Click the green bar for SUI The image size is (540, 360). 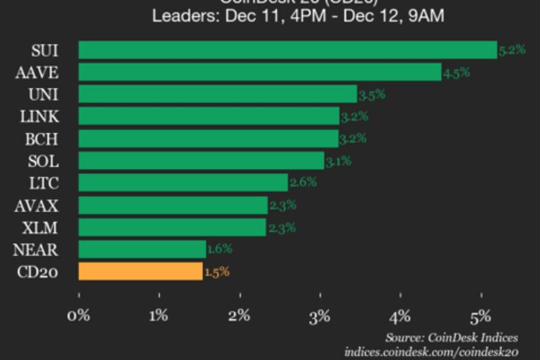[x=288, y=50]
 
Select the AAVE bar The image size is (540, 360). [x=260, y=72]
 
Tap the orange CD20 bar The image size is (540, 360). [x=140, y=272]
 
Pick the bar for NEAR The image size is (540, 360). [x=142, y=249]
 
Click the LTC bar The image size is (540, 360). [x=183, y=182]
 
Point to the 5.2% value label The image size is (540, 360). [x=512, y=50]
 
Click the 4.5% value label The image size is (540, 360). [x=456, y=72]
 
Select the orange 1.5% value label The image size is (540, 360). [x=217, y=272]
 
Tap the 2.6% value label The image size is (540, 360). [x=302, y=182]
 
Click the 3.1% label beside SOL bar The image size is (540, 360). [x=339, y=161]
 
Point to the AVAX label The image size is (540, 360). [x=37, y=205]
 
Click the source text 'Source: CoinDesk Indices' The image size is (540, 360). [x=452, y=337]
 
